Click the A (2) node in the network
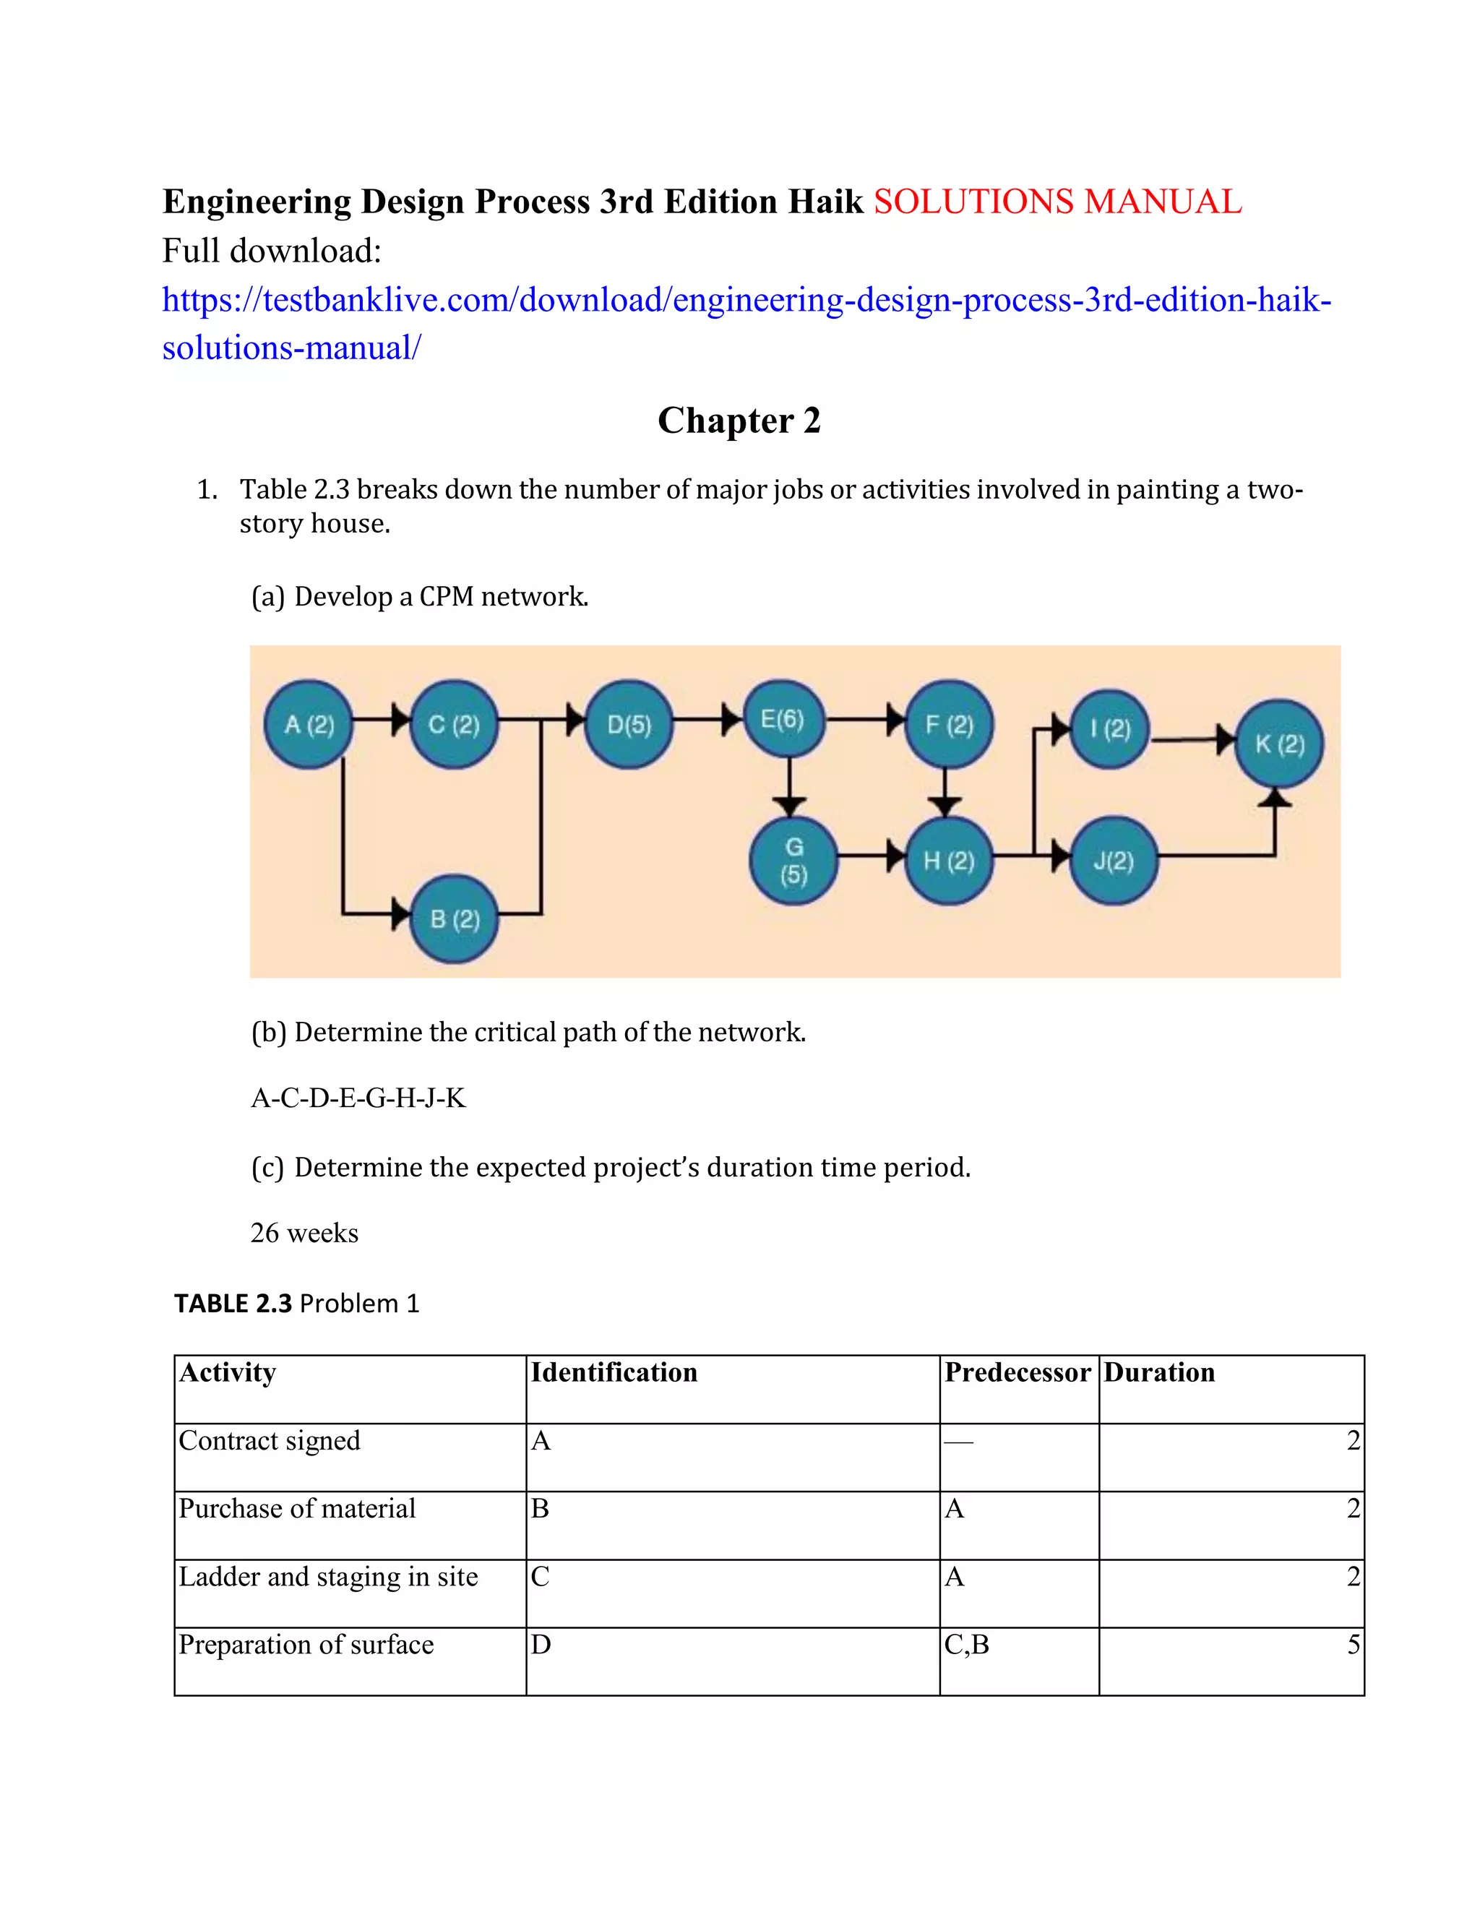309,724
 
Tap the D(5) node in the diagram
629,724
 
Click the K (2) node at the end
1279,744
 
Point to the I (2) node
1110,728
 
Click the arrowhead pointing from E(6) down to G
789,805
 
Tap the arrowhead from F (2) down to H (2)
945,805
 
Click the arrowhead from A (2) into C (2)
400,720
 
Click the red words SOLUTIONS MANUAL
1057,202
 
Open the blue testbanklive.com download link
745,301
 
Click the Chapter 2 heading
739,420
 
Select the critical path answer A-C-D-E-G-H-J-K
358,1098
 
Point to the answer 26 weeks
304,1233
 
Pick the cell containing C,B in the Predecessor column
967,1645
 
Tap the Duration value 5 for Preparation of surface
1353,1645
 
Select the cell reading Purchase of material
297,1508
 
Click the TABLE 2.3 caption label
233,1304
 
